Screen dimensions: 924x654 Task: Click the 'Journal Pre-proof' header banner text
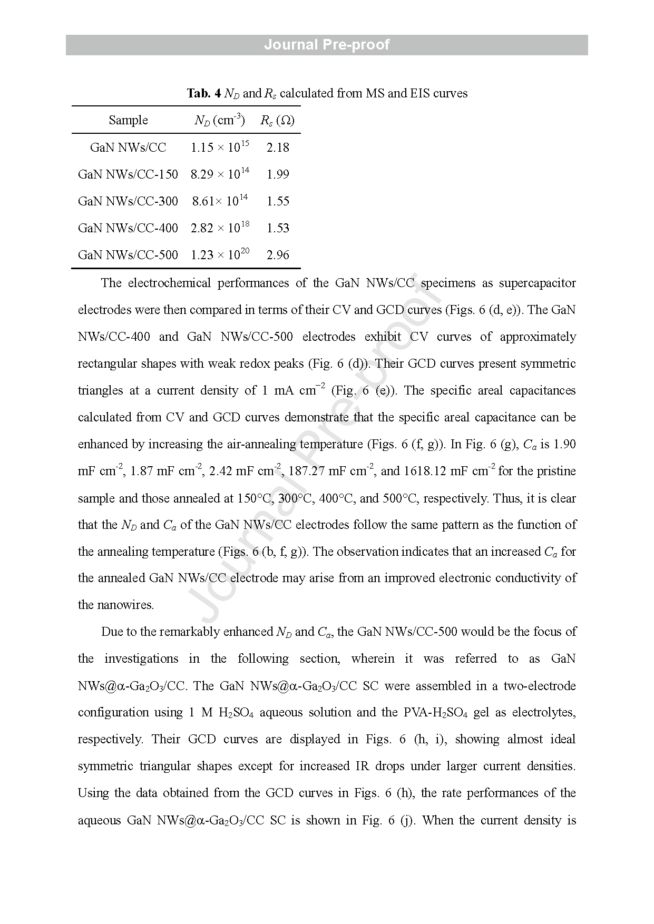click(x=327, y=45)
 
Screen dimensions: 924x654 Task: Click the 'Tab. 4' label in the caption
click(x=204, y=94)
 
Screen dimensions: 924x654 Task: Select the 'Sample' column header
click(x=128, y=120)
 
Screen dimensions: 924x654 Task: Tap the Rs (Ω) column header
click(x=277, y=120)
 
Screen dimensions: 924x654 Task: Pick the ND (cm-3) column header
click(x=219, y=120)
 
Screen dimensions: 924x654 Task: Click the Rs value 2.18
click(x=278, y=148)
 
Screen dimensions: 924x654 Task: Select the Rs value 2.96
click(x=278, y=255)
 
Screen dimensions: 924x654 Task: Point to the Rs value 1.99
click(x=278, y=174)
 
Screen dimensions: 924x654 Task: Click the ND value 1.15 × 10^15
click(x=220, y=148)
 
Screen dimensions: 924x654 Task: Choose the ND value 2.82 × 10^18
click(x=220, y=228)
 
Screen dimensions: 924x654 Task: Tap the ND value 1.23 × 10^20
click(x=220, y=255)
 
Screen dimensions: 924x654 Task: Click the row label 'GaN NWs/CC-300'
click(x=128, y=201)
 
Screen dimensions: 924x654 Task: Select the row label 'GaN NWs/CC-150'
click(x=128, y=174)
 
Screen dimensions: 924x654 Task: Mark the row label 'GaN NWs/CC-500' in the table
click(x=128, y=255)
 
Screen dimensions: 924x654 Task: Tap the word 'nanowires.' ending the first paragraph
click(x=116, y=605)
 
